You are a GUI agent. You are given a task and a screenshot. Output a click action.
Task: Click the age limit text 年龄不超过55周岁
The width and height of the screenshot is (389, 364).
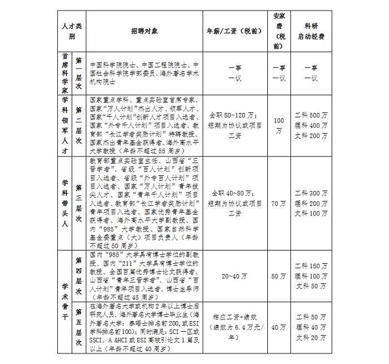coord(161,150)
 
